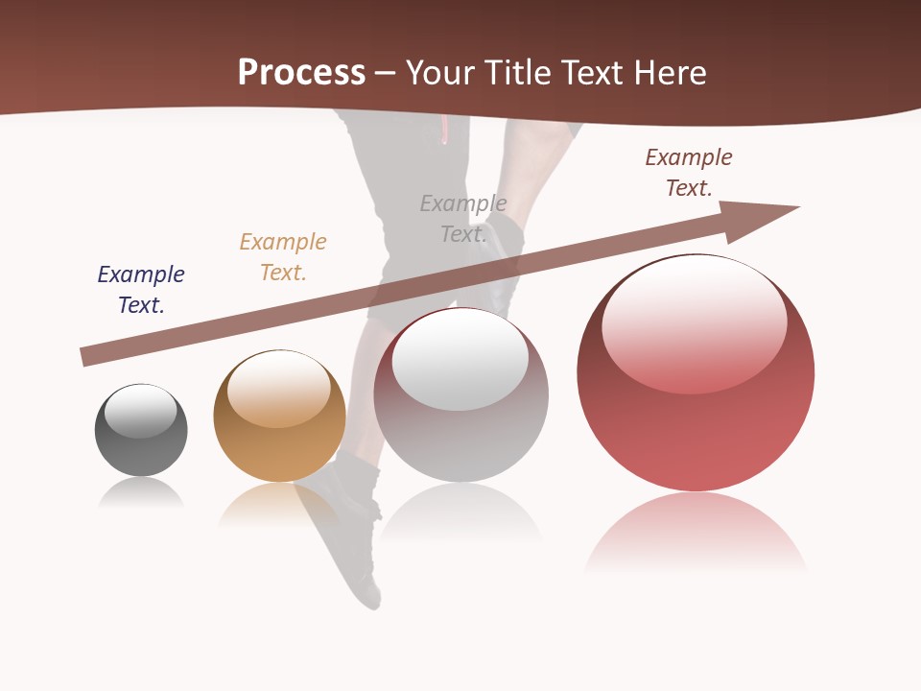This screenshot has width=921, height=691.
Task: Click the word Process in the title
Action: [x=301, y=73]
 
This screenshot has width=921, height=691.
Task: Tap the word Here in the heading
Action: [x=668, y=73]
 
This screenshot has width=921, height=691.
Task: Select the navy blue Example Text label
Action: [x=141, y=290]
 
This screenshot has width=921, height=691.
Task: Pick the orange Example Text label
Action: [x=283, y=257]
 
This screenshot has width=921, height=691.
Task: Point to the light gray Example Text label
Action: [x=463, y=219]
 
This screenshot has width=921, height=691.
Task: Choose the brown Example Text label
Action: [x=689, y=173]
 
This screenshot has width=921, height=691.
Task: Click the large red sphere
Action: [x=696, y=422]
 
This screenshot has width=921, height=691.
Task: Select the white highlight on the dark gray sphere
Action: [x=141, y=411]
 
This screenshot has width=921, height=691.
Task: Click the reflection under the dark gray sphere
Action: [x=141, y=493]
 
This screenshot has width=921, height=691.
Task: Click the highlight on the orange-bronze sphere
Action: [x=278, y=389]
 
